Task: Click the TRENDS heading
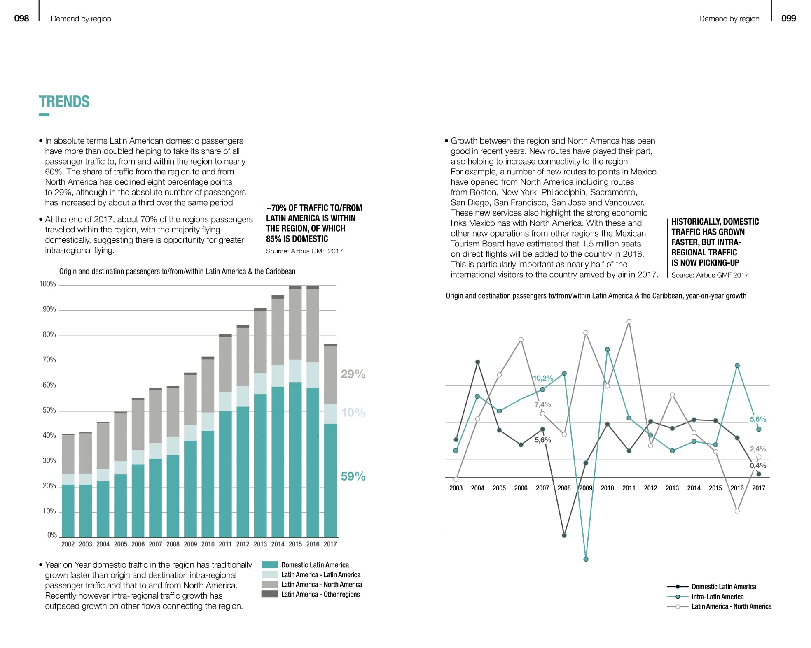pyautogui.click(x=64, y=102)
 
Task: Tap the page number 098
pyautogui.click(x=21, y=19)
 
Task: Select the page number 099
pyautogui.click(x=788, y=19)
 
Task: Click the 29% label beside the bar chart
pyautogui.click(x=353, y=374)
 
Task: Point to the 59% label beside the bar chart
pyautogui.click(x=353, y=476)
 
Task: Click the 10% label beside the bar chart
pyautogui.click(x=353, y=413)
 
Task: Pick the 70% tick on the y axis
pyautogui.click(x=49, y=360)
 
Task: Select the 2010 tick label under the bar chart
pyautogui.click(x=208, y=544)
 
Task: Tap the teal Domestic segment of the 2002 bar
pyautogui.click(x=68, y=511)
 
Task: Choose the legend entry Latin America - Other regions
pyautogui.click(x=320, y=595)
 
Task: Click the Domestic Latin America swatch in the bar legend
pyautogui.click(x=270, y=565)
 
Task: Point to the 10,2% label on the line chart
pyautogui.click(x=543, y=378)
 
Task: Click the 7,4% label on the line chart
pyautogui.click(x=543, y=404)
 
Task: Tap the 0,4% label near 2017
pyautogui.click(x=758, y=466)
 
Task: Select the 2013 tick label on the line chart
pyautogui.click(x=672, y=488)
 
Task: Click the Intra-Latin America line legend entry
pyautogui.click(x=718, y=597)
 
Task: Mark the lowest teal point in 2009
pyautogui.click(x=586, y=560)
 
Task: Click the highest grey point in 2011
pyautogui.click(x=629, y=322)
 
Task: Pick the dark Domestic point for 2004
pyautogui.click(x=478, y=362)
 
